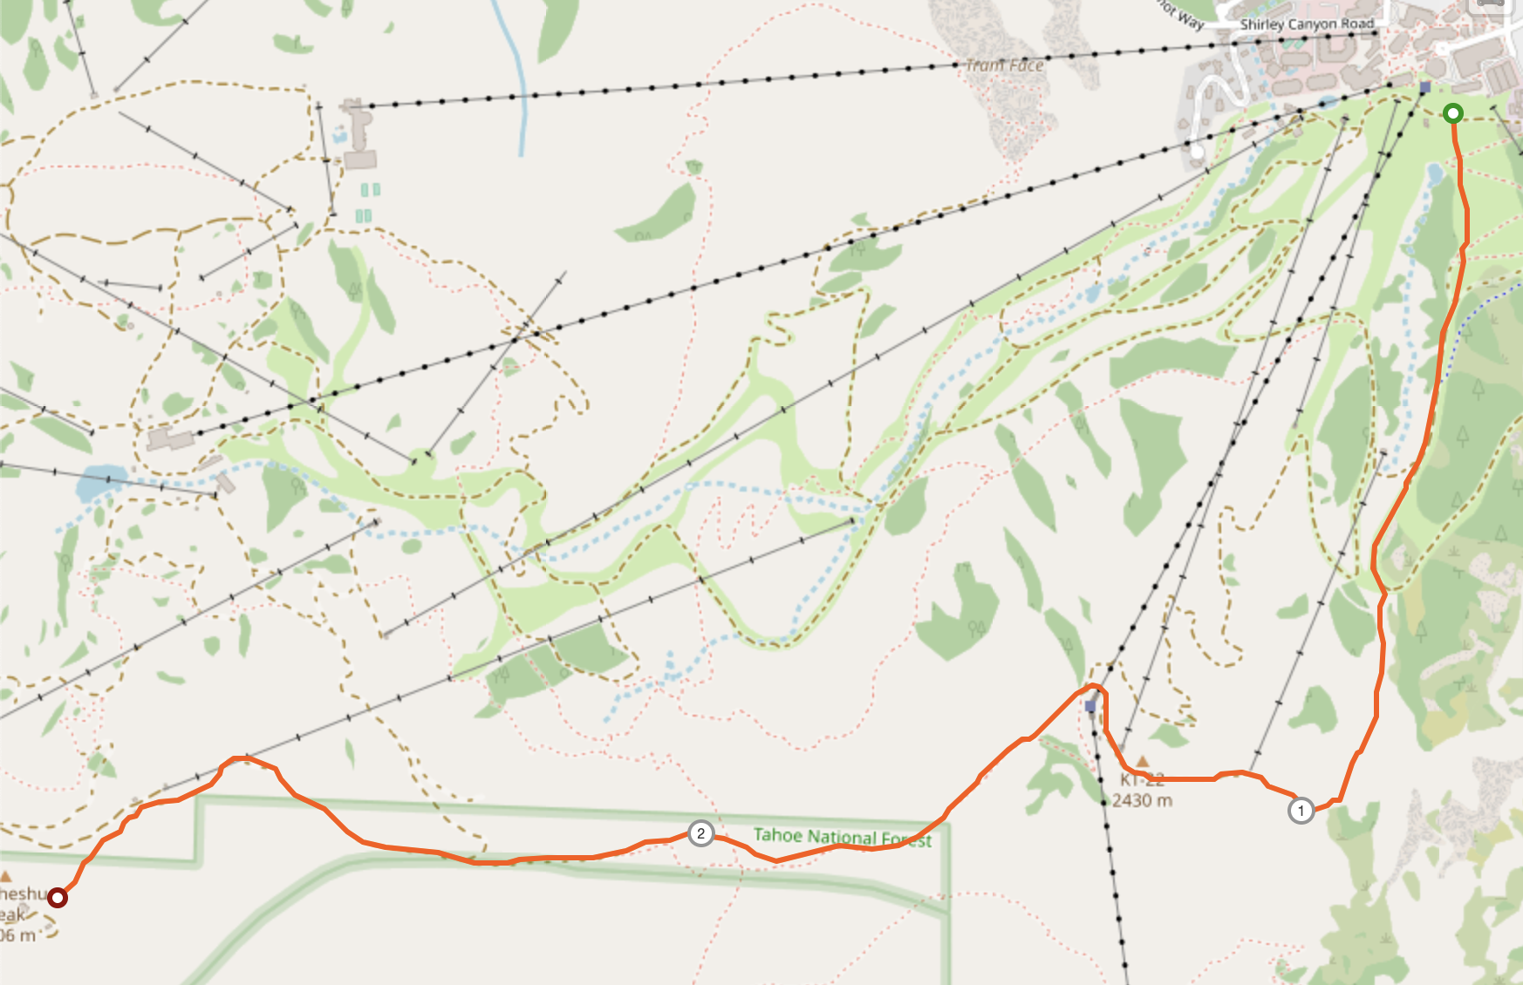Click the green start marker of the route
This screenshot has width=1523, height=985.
pyautogui.click(x=1452, y=113)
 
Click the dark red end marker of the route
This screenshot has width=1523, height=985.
pyautogui.click(x=58, y=897)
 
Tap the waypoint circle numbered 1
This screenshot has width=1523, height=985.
pyautogui.click(x=1301, y=811)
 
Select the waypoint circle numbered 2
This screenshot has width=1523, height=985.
pyautogui.click(x=700, y=833)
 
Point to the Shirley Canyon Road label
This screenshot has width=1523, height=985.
pyautogui.click(x=1307, y=24)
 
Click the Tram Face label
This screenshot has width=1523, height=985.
pyautogui.click(x=1004, y=65)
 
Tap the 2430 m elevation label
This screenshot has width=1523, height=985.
pyautogui.click(x=1142, y=800)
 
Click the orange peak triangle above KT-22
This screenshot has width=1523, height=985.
pyautogui.click(x=1143, y=762)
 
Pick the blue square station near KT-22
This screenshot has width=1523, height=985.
pyautogui.click(x=1090, y=706)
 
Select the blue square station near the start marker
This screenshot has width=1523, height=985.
pyautogui.click(x=1425, y=87)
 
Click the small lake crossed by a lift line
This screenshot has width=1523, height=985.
pyautogui.click(x=100, y=481)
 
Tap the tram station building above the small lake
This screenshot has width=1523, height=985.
pyautogui.click(x=170, y=438)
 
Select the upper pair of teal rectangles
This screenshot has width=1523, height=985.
pyautogui.click(x=371, y=189)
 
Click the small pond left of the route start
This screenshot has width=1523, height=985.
pyautogui.click(x=1434, y=176)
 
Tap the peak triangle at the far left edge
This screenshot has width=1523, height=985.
pyautogui.click(x=6, y=875)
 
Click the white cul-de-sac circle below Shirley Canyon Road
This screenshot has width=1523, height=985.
pyautogui.click(x=1198, y=153)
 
